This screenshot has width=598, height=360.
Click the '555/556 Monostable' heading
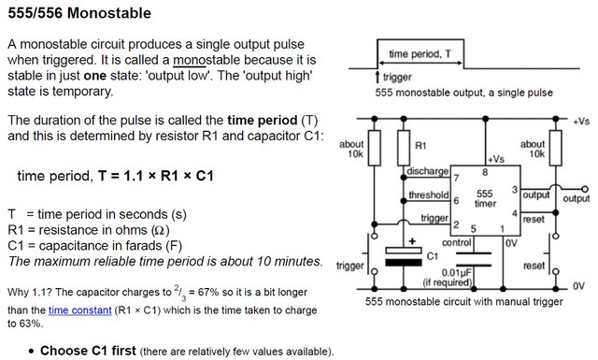[x=79, y=13]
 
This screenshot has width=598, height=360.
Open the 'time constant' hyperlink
[x=79, y=310]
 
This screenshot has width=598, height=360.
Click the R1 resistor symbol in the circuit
[x=404, y=148]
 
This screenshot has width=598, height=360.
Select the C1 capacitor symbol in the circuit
[x=404, y=256]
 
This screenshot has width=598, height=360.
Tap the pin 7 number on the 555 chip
[x=456, y=178]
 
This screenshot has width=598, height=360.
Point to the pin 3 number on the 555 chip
[x=515, y=190]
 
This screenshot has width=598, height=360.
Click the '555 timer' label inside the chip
[x=485, y=198]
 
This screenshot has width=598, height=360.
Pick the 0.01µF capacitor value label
[x=457, y=273]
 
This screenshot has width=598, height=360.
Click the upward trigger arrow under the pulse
[x=377, y=77]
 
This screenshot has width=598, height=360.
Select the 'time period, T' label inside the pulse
[x=420, y=54]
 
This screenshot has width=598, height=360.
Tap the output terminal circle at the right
[x=585, y=189]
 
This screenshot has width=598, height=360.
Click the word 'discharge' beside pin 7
[x=428, y=171]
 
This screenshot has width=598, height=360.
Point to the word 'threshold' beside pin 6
[x=429, y=195]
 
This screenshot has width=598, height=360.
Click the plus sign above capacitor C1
[x=412, y=241]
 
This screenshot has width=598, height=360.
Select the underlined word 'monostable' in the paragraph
[x=206, y=60]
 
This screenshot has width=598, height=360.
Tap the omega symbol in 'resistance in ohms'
[x=161, y=230]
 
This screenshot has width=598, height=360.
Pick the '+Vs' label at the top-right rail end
[x=581, y=122]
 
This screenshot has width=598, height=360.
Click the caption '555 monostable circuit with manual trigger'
[x=463, y=302]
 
